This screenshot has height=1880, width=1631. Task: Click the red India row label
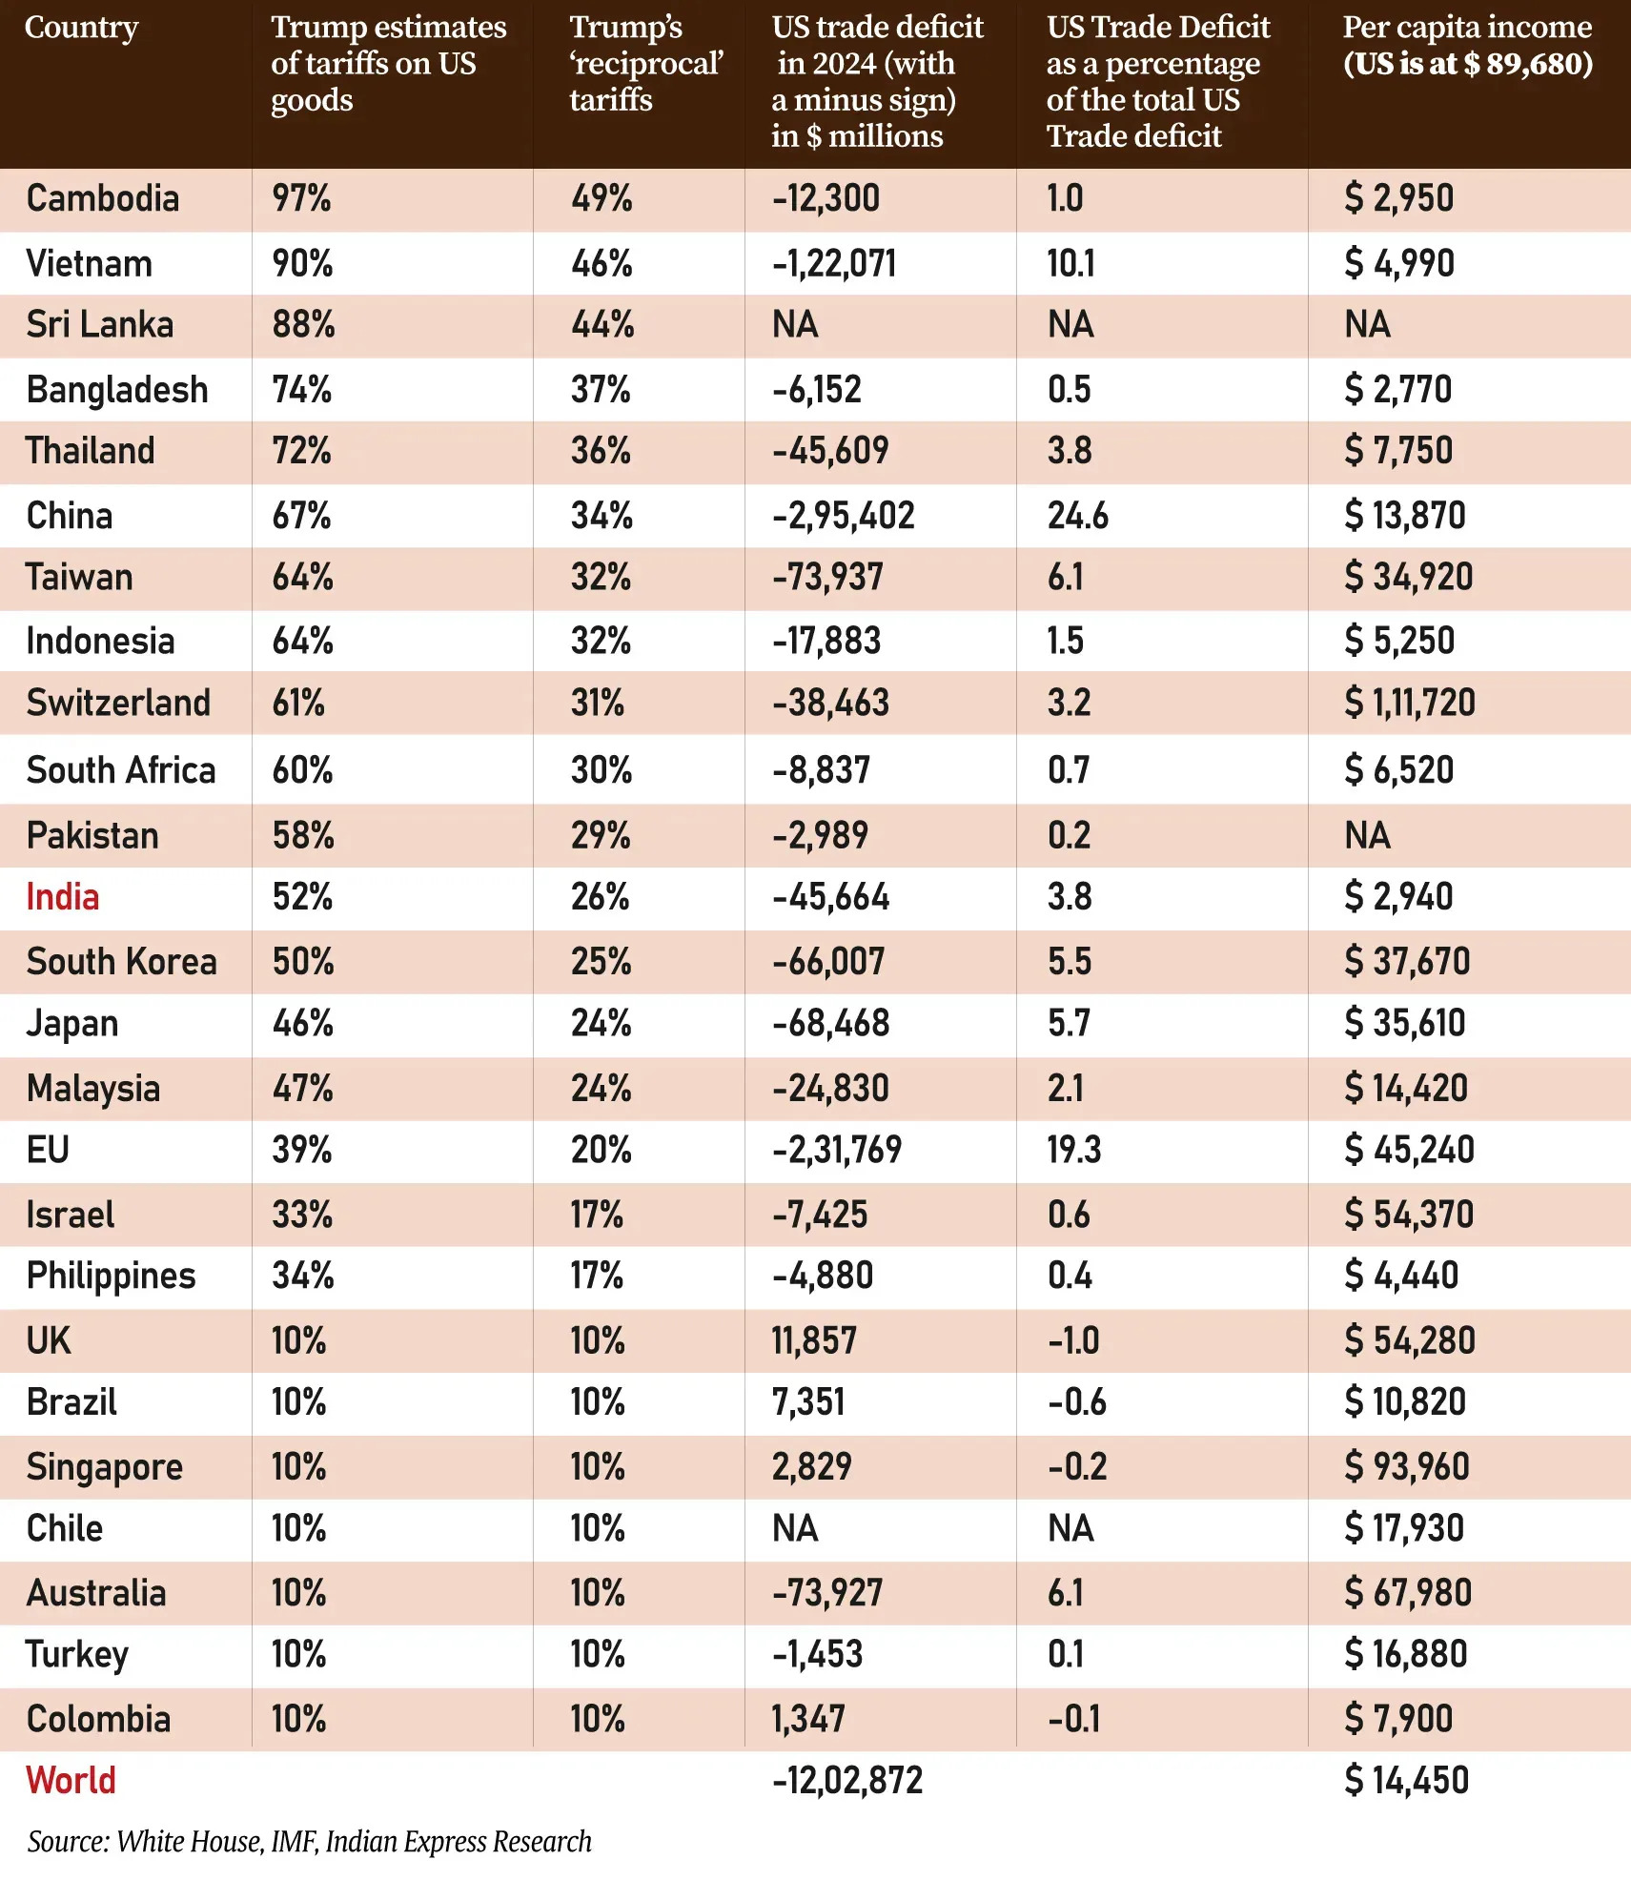[x=63, y=897]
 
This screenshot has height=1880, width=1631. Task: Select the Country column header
[x=81, y=27]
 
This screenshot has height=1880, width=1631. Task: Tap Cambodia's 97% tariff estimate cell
[x=301, y=198]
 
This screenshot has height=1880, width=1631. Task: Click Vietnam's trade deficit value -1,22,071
[x=834, y=263]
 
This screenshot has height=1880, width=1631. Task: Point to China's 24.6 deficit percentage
[x=1077, y=516]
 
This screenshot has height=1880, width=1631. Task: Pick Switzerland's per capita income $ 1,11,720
[x=1409, y=703]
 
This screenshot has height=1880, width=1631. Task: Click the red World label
[x=71, y=1780]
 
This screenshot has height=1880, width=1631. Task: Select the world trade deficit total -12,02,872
[x=847, y=1780]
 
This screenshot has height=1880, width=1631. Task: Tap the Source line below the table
[x=309, y=1841]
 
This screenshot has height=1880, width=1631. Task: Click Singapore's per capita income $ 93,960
[x=1406, y=1466]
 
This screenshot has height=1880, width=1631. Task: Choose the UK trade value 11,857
[x=814, y=1340]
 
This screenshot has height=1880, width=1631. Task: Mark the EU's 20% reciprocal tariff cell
[x=601, y=1150]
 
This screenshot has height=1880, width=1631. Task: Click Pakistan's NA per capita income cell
[x=1367, y=835]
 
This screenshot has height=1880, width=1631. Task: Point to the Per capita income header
[x=1467, y=45]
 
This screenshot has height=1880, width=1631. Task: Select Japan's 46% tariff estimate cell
[x=302, y=1023]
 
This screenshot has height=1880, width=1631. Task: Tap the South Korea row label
[x=121, y=961]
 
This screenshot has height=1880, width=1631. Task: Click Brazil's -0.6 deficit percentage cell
[x=1077, y=1401]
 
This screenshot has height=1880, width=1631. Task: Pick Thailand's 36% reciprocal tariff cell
[x=601, y=450]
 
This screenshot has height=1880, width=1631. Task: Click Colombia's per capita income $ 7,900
[x=1398, y=1718]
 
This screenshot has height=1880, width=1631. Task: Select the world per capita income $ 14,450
[x=1406, y=1780]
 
